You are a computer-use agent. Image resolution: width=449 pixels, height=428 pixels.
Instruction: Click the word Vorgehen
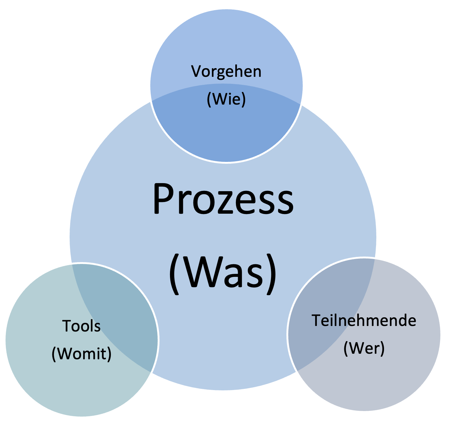tap(226, 72)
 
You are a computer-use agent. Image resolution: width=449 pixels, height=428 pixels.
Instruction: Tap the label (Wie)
tap(226, 99)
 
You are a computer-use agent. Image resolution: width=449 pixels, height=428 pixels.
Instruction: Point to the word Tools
tap(81, 326)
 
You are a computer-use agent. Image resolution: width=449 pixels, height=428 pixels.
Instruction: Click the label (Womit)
tap(81, 353)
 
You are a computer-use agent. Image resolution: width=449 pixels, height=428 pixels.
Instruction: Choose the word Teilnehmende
tap(364, 320)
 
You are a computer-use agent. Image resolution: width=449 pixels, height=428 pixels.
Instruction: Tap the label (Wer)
tap(364, 348)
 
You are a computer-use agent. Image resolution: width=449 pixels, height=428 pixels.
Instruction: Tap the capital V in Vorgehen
tap(196, 71)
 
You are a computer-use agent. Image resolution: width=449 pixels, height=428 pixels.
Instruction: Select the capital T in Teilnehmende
tap(317, 320)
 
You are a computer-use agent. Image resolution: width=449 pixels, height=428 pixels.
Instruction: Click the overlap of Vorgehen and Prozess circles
tap(226, 133)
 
